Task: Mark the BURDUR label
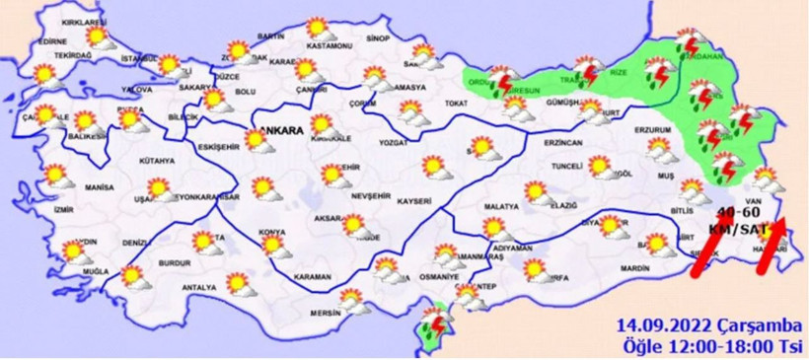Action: point(175,264)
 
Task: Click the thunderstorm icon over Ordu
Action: point(503,82)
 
